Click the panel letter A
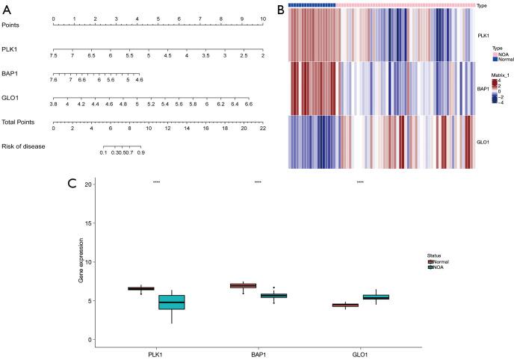pyautogui.click(x=7, y=8)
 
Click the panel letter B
pyautogui.click(x=280, y=8)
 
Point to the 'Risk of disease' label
pyautogui.click(x=24, y=146)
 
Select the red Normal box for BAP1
pyautogui.click(x=264, y=285)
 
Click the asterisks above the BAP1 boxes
pyautogui.click(x=258, y=182)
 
